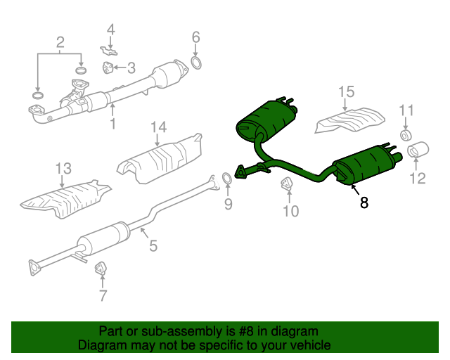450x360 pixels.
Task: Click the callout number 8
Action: coord(364,203)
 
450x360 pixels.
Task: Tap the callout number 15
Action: coord(346,91)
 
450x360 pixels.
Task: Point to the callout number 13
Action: coord(63,168)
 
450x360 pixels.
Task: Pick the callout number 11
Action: coord(407,110)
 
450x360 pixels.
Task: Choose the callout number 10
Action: coord(290,210)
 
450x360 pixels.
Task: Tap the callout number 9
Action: coord(228,204)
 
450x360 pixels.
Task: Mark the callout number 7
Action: coord(103,296)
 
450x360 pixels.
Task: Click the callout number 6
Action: coord(196,37)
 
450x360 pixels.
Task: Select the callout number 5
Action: coord(153,246)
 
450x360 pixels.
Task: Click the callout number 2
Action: coord(60,41)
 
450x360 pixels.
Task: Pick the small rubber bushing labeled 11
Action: coord(406,134)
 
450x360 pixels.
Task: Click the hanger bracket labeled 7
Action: coord(100,269)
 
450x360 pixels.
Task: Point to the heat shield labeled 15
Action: coord(350,119)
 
